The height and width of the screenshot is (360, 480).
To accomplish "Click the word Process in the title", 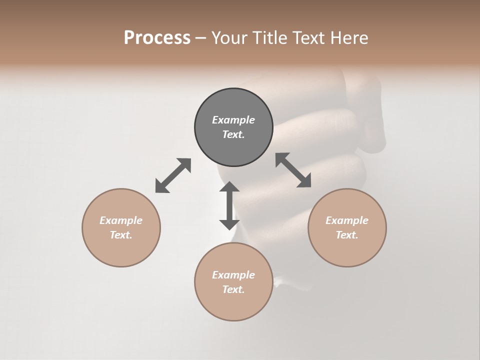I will click(157, 38).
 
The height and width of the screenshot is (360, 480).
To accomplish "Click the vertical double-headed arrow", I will click(229, 205).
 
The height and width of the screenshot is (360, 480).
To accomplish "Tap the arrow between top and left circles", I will click(173, 175).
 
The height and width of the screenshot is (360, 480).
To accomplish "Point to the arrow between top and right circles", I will click(293, 170).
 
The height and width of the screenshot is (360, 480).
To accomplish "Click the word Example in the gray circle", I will click(233, 120).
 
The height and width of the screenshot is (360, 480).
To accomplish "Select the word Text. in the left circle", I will click(121, 235).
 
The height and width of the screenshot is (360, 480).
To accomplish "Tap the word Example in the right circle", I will click(347, 220).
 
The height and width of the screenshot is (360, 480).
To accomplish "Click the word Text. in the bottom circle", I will click(233, 289).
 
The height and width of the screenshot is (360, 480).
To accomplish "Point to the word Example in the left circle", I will click(121, 220).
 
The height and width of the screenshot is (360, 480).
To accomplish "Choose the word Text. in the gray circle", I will click(233, 134).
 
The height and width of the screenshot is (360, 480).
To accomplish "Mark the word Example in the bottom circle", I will click(233, 275).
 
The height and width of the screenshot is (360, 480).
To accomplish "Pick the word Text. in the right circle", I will click(347, 235).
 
